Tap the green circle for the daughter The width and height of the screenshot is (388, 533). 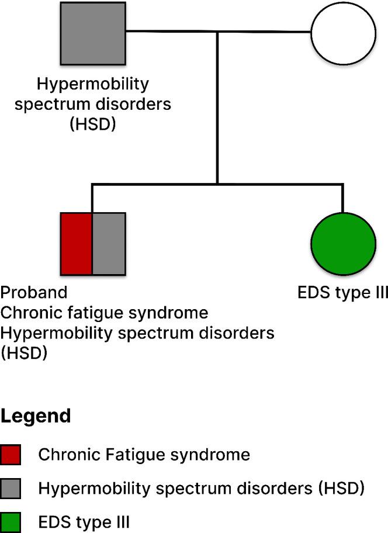click(x=342, y=244)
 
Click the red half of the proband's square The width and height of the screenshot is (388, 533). click(x=77, y=244)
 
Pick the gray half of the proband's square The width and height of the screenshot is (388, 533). click(x=109, y=244)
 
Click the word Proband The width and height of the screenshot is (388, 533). click(x=34, y=292)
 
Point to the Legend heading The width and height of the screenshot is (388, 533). click(x=36, y=416)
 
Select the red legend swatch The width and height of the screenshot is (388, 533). click(x=11, y=455)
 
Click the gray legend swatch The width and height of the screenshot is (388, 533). click(x=11, y=487)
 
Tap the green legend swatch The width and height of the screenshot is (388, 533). click(x=11, y=520)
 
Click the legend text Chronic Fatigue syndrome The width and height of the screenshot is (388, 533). click(x=144, y=455)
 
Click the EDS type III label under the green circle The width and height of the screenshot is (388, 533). click(x=342, y=292)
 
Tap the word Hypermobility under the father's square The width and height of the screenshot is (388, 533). click(x=93, y=84)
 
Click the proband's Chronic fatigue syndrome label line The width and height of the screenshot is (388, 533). click(x=105, y=313)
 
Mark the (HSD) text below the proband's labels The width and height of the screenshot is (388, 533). click(x=24, y=354)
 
